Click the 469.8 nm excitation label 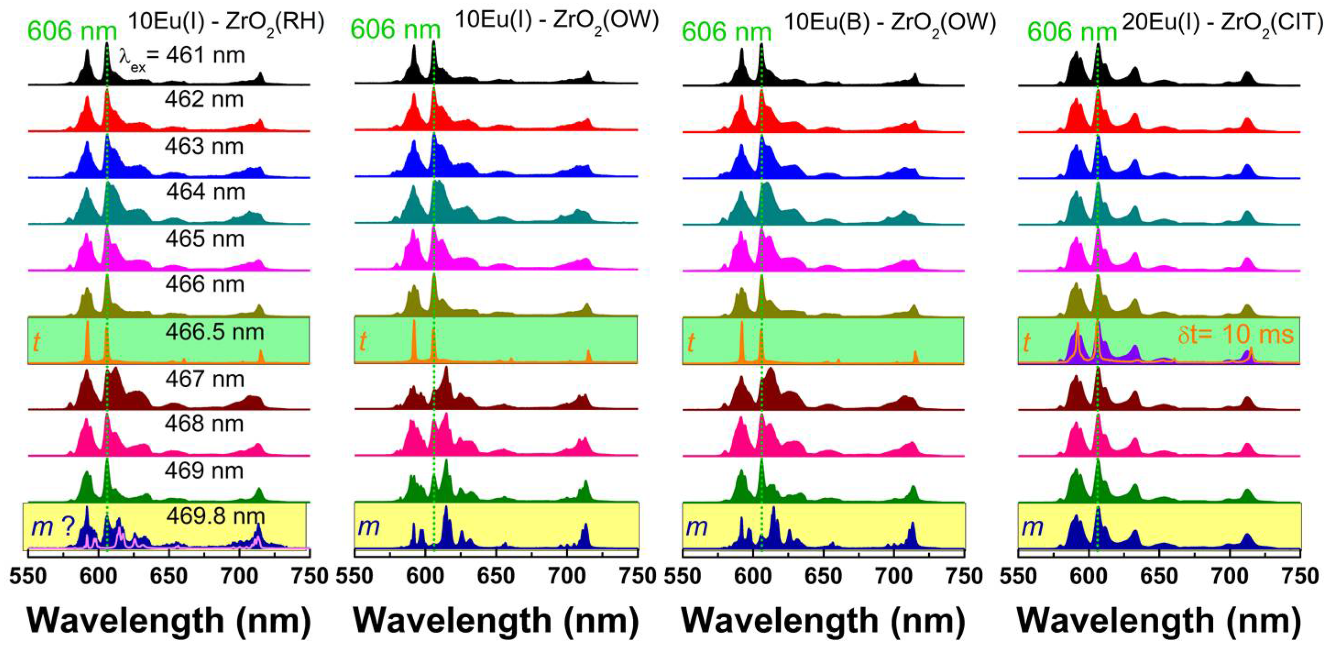pyautogui.click(x=215, y=516)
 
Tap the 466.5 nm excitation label pyautogui.click(x=214, y=332)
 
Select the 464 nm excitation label pyautogui.click(x=205, y=192)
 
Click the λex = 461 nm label pyautogui.click(x=182, y=56)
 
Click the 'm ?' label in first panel pyautogui.click(x=54, y=527)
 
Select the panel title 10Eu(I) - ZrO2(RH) pyautogui.click(x=226, y=23)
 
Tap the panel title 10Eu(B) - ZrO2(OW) pyautogui.click(x=890, y=24)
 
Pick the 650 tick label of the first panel pyautogui.click(x=169, y=575)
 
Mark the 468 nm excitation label pyautogui.click(x=204, y=424)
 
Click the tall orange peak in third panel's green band pyautogui.click(x=742, y=341)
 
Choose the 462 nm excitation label pyautogui.click(x=204, y=99)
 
